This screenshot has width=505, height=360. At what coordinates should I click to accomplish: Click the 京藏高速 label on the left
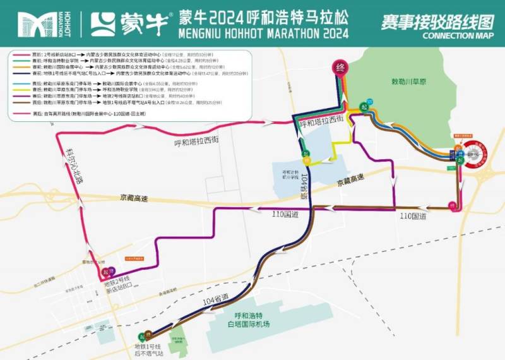[131, 198]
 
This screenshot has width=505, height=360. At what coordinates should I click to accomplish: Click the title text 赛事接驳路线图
[436, 22]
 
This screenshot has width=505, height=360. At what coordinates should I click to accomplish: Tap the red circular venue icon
[476, 153]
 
